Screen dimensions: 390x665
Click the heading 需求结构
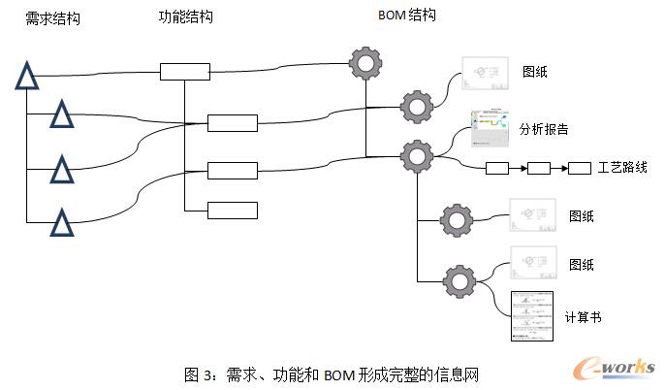52,18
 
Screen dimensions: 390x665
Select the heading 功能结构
185,16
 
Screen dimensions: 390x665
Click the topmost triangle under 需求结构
26,75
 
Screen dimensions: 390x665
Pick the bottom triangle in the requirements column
62,223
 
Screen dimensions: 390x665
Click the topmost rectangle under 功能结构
184,71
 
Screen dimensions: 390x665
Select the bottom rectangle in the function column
233,210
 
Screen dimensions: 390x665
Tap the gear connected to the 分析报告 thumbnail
417,155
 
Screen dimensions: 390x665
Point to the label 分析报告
544,129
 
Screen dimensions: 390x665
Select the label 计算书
582,316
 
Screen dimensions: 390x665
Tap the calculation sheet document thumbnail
531,316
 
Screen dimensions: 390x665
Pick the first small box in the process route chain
495,169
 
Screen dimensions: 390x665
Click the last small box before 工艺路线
580,169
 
